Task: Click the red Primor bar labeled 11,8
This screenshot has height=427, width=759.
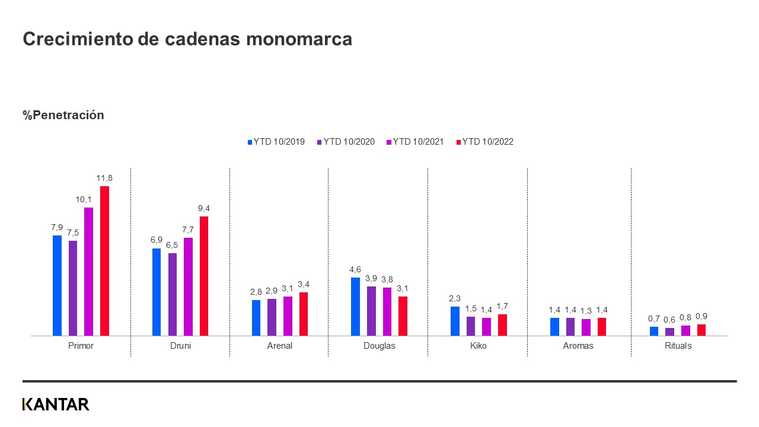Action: (104, 261)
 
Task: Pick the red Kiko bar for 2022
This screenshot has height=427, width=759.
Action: (502, 325)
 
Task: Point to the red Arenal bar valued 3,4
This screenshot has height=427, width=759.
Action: (304, 314)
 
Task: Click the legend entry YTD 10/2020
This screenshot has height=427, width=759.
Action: (349, 142)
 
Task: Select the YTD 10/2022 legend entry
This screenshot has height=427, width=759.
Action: (487, 142)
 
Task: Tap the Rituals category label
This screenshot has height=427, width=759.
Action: (678, 346)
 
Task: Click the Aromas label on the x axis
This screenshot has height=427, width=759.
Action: (578, 346)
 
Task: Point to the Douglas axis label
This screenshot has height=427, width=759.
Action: (379, 346)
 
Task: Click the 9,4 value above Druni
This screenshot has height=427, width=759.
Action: (203, 208)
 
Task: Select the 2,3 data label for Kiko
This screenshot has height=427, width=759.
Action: (455, 298)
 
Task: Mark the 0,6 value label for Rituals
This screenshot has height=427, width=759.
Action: (669, 320)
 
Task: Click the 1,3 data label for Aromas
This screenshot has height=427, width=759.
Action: (586, 311)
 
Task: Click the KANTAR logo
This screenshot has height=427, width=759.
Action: (56, 404)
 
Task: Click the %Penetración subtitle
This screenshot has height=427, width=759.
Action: (63, 115)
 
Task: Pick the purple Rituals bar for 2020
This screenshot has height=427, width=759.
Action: (669, 332)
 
